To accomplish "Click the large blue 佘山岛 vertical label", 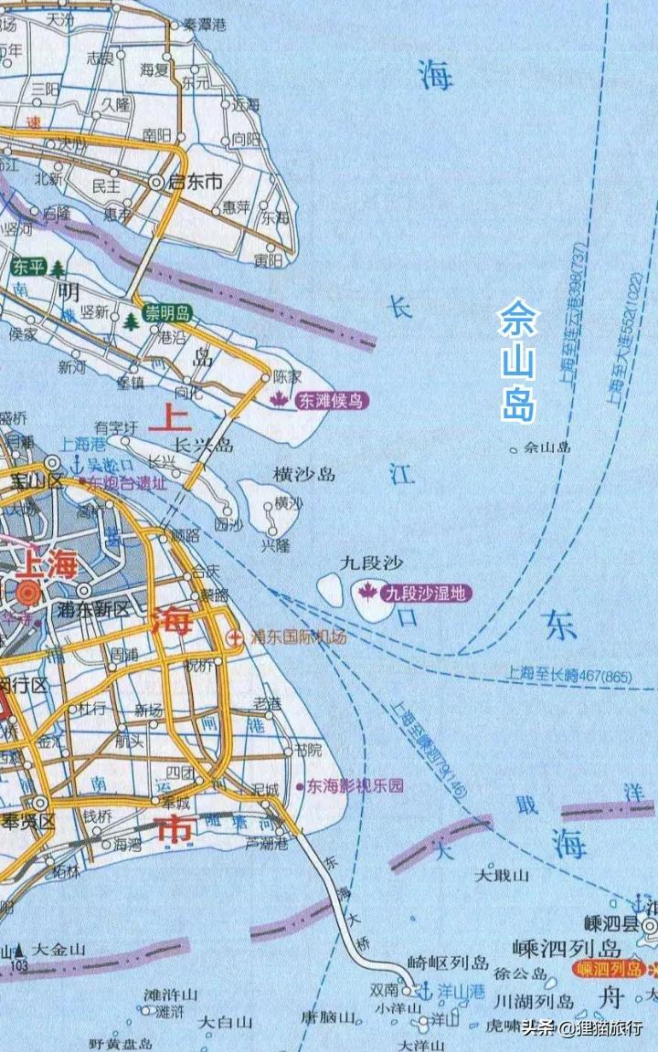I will [519, 362].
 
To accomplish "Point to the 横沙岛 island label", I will [304, 474].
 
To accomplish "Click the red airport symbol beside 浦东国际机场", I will [237, 636].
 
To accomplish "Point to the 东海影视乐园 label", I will [354, 785].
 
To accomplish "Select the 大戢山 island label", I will [502, 875].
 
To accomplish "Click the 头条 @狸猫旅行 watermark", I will [581, 1028].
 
